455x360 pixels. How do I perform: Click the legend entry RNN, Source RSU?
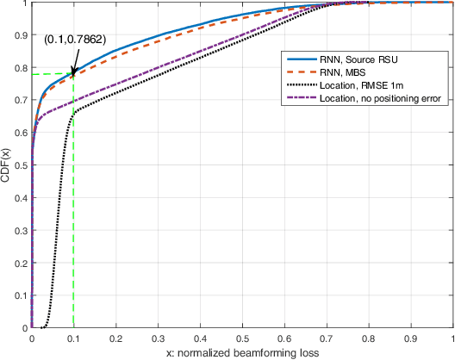(x=354, y=59)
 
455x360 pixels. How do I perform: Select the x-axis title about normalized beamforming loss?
(x=242, y=353)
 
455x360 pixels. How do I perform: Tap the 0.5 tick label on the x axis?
(x=242, y=339)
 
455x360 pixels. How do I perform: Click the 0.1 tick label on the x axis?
(x=73, y=339)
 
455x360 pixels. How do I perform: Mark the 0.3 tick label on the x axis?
(x=158, y=339)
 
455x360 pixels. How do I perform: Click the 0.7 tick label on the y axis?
(x=20, y=100)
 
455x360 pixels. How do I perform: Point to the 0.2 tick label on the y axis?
(x=20, y=264)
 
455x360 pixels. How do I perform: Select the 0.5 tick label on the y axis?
(x=20, y=165)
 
